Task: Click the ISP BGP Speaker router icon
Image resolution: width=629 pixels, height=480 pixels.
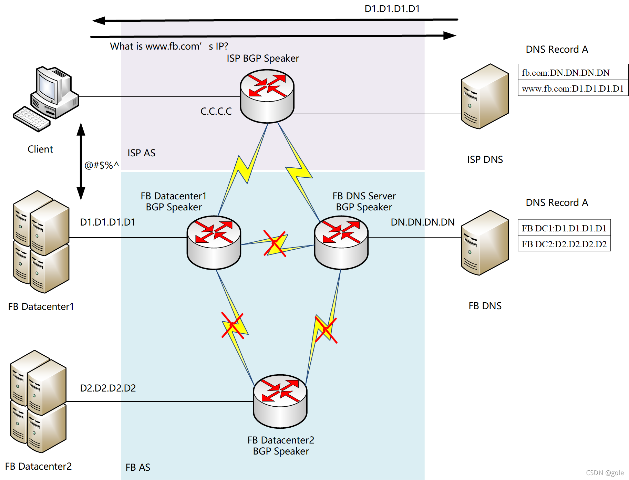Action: (x=267, y=96)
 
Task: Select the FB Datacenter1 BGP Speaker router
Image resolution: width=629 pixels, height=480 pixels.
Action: (x=214, y=242)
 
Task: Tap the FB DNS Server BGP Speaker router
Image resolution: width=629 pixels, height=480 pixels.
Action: (x=341, y=242)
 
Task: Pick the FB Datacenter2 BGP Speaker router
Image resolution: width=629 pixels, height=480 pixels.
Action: (x=280, y=401)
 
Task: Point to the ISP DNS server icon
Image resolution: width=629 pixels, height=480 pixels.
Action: (x=485, y=96)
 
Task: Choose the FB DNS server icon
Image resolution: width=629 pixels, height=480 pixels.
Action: (x=485, y=243)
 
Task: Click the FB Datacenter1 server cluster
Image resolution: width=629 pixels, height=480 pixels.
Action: (x=41, y=242)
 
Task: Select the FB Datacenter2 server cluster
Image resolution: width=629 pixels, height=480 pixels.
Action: (x=38, y=401)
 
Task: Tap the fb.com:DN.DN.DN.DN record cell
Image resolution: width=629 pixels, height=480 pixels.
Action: (x=573, y=72)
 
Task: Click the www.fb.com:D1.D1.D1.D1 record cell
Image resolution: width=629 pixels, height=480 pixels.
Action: (x=573, y=88)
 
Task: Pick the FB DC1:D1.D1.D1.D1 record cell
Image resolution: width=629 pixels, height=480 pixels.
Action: (x=564, y=227)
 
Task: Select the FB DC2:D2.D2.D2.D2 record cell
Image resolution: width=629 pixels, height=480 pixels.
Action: (x=564, y=243)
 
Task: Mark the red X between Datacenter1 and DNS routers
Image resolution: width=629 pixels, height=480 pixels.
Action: (x=275, y=243)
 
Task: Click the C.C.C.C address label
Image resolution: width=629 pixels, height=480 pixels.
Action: (x=216, y=111)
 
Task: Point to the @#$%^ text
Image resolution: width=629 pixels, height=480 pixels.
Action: (x=102, y=165)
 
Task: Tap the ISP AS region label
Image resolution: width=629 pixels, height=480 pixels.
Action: (x=141, y=153)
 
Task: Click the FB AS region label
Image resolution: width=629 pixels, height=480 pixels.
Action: (x=138, y=467)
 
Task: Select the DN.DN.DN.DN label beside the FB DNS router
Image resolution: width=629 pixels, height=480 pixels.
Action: (x=423, y=222)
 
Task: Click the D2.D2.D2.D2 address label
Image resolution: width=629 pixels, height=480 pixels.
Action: (x=108, y=388)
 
